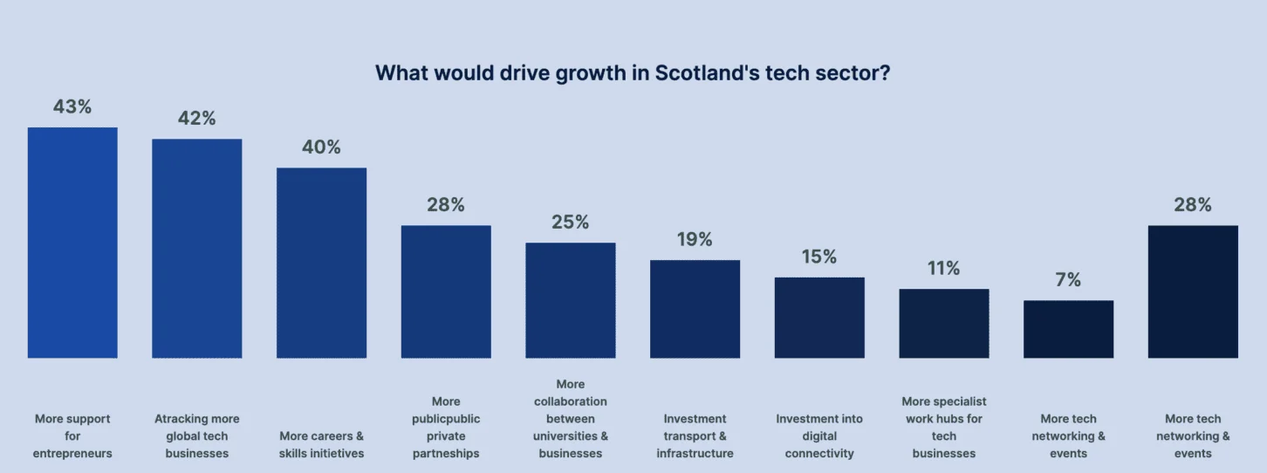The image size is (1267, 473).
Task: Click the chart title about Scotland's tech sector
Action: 633,73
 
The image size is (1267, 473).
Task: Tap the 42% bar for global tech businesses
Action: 197,249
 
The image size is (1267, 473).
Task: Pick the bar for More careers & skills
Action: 321,263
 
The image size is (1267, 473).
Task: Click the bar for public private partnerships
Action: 446,291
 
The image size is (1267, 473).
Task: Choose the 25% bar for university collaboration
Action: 571,300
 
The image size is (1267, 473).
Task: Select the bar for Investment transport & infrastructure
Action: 695,309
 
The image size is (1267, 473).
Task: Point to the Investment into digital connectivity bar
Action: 819,318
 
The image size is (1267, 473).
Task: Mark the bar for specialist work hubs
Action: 944,324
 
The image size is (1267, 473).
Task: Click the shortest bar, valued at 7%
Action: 1068,329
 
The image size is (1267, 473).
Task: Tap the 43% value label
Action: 72,106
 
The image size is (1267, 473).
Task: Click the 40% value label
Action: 321,147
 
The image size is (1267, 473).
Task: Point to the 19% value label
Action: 695,239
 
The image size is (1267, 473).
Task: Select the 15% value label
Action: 819,257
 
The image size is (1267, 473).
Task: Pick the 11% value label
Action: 944,268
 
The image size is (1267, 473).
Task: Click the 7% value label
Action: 1068,280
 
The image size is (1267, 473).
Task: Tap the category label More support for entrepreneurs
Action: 72,436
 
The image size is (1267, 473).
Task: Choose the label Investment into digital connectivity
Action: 819,436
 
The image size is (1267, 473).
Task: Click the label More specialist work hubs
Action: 944,428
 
